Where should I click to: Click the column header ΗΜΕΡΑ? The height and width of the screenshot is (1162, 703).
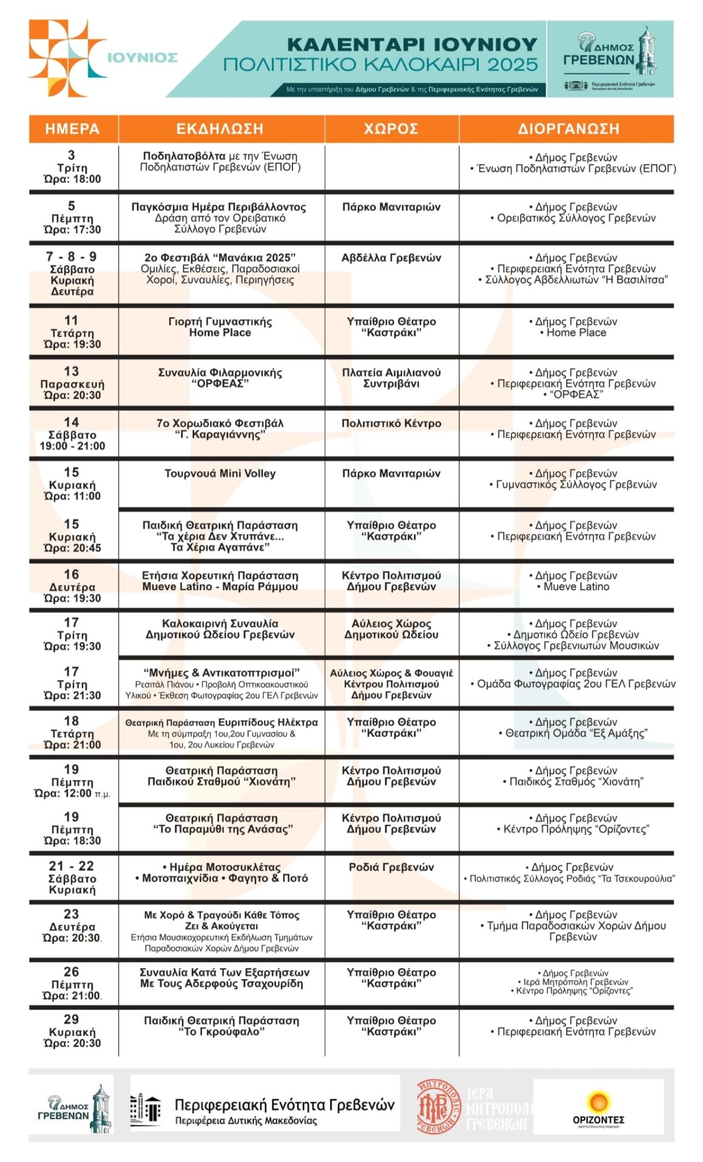[72, 129]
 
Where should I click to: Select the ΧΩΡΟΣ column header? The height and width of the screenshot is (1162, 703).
[391, 129]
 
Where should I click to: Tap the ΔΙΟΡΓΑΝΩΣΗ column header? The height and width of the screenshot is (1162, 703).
[568, 129]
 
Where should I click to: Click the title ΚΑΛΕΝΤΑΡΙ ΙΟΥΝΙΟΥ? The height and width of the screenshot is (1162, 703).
[412, 45]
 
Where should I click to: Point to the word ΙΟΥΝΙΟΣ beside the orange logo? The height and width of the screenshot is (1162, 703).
[142, 58]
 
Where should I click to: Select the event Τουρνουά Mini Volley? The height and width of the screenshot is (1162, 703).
[220, 474]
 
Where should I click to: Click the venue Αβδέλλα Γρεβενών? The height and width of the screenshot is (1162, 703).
[391, 258]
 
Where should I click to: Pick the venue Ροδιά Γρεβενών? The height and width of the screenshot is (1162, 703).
[391, 867]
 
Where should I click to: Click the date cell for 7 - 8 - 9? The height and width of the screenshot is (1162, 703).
[71, 273]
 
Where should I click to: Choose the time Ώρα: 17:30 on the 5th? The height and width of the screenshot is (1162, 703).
[72, 230]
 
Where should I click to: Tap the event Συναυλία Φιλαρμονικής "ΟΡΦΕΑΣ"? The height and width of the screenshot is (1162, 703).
[220, 378]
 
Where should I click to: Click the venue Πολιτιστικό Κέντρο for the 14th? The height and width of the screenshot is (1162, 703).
[391, 424]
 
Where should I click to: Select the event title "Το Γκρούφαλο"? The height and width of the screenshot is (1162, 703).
[221, 1032]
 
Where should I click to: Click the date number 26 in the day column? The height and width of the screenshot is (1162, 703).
[71, 972]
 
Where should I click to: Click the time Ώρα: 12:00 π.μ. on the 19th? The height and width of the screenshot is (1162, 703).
[72, 793]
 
